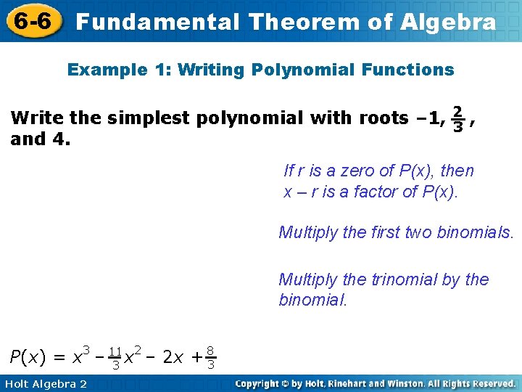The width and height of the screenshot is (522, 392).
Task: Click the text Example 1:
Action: (x=118, y=70)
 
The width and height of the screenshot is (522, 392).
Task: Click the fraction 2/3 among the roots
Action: (x=457, y=118)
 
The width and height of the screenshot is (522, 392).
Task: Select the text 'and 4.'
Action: (x=41, y=138)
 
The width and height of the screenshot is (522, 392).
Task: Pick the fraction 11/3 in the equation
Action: (x=115, y=358)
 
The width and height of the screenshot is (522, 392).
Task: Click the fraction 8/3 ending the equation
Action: (x=210, y=358)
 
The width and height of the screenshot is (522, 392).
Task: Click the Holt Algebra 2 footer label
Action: (x=44, y=383)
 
